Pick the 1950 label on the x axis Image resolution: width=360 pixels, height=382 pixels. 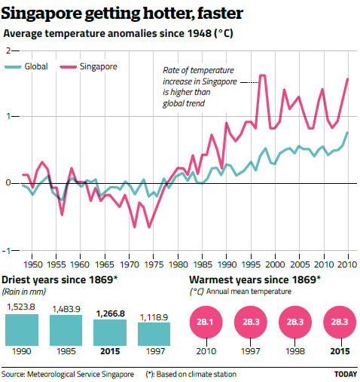tap(32, 265)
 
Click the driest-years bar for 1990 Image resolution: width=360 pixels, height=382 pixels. tap(21, 329)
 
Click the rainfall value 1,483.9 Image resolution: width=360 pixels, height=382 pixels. tap(66, 309)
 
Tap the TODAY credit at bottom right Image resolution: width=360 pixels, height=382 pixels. tap(345, 374)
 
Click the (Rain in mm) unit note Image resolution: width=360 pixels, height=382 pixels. tap(23, 291)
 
